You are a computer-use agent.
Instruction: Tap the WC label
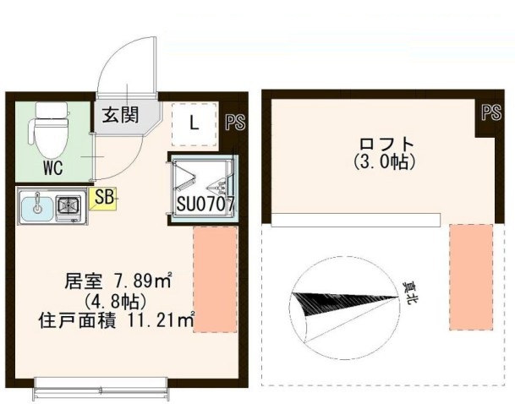(x=53, y=167)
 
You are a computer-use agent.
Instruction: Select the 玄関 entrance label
(x=121, y=117)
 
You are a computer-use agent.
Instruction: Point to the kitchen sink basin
(x=36, y=205)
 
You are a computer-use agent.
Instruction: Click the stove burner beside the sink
(x=69, y=205)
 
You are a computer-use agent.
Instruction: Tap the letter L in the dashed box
(x=194, y=123)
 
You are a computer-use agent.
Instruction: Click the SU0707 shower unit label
(x=205, y=204)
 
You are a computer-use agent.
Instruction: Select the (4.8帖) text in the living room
(x=117, y=300)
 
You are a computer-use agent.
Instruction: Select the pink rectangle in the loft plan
(x=470, y=276)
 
